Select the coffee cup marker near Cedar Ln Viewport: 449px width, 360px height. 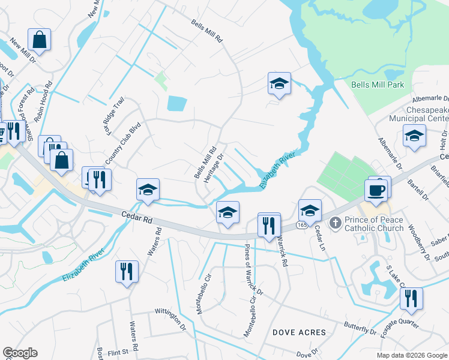[x=376, y=191]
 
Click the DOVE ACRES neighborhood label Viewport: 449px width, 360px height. [x=299, y=332]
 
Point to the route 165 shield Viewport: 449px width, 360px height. [x=302, y=226]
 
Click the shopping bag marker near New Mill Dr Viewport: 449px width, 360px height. [x=40, y=41]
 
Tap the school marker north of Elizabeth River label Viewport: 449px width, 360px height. [x=279, y=84]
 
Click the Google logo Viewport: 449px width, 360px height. [x=20, y=353]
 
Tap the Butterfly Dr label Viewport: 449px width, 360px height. [x=360, y=328]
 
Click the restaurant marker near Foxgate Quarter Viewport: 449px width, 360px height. [x=411, y=299]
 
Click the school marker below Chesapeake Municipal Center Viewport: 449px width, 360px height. [x=414, y=136]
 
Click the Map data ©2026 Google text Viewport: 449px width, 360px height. [x=411, y=355]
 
